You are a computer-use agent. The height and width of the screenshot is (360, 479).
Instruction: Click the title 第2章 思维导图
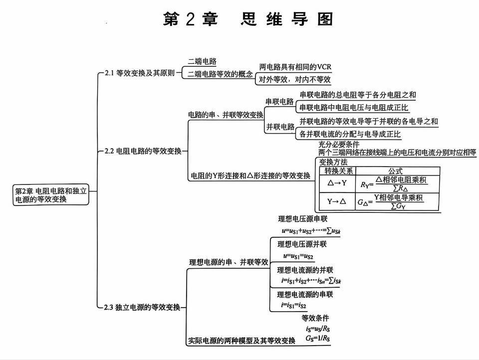[x=248, y=19]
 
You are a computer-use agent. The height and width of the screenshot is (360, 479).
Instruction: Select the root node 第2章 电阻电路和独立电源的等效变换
[x=50, y=195]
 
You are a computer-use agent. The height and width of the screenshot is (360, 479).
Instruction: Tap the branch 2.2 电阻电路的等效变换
[x=143, y=151]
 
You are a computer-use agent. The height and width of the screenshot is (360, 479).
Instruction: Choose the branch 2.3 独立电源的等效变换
[x=142, y=307]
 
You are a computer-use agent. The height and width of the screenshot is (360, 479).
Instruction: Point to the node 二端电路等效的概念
[x=220, y=74]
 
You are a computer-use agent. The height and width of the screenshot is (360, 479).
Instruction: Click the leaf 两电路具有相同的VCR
[x=295, y=67]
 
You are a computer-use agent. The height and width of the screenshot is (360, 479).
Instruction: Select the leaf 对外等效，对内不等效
[x=294, y=80]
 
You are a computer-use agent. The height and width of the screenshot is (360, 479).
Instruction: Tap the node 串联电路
[x=279, y=102]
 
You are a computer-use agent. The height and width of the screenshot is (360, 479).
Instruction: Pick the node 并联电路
[x=279, y=127]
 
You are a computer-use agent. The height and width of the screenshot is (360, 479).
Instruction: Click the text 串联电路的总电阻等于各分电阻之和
[x=357, y=95]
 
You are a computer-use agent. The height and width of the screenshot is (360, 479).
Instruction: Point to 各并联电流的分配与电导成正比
[x=350, y=134]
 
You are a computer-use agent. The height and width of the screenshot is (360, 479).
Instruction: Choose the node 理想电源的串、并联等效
[x=229, y=262]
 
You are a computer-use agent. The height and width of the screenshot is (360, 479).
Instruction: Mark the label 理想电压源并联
[x=302, y=244]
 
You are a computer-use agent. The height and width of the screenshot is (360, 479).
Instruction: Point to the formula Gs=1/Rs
[x=318, y=339]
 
